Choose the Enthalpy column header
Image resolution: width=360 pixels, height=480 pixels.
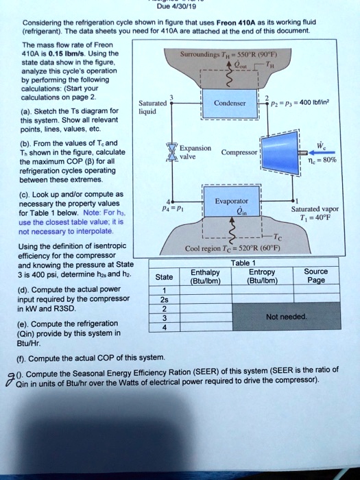pyautogui.click(x=204, y=276)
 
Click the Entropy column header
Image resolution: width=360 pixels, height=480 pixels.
pyautogui.click(x=263, y=276)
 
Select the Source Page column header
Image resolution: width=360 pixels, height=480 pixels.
pyautogui.click(x=316, y=276)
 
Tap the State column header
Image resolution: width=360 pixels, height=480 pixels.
pyautogui.click(x=164, y=277)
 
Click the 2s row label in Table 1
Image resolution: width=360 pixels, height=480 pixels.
pyautogui.click(x=164, y=300)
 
